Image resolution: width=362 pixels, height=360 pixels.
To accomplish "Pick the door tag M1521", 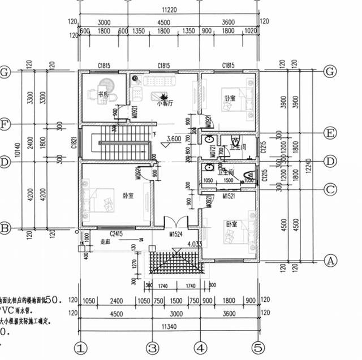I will [x=229, y=196].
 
